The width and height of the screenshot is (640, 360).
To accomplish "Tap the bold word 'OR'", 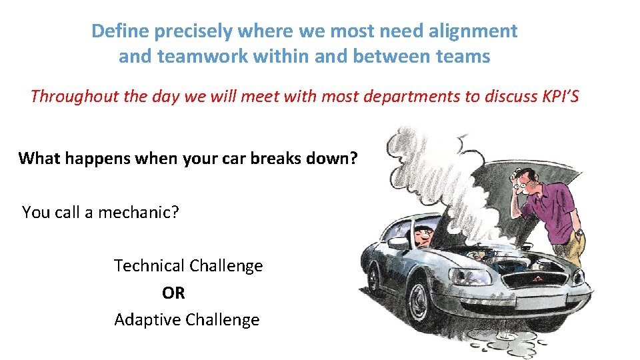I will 173,293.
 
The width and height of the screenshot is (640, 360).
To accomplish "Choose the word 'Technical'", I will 149,266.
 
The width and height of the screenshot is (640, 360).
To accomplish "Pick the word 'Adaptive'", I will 147,320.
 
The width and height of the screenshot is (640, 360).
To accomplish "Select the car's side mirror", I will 399,244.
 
